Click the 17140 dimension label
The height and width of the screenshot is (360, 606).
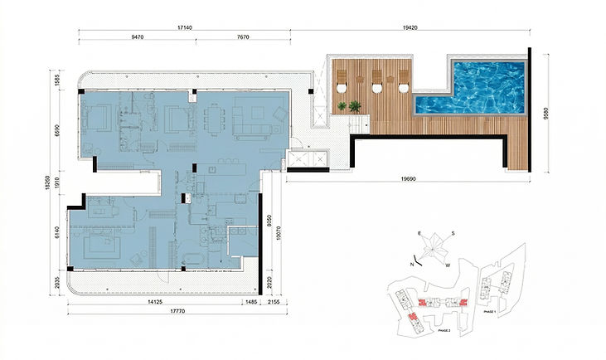tap(185, 27)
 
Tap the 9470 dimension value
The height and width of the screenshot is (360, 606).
tap(144, 38)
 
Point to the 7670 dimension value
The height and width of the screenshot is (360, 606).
tap(244, 38)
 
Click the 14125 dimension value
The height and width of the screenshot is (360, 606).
tap(148, 303)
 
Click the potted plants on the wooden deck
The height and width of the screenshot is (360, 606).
tap(349, 106)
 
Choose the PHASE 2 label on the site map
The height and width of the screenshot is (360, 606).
tap(444, 329)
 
